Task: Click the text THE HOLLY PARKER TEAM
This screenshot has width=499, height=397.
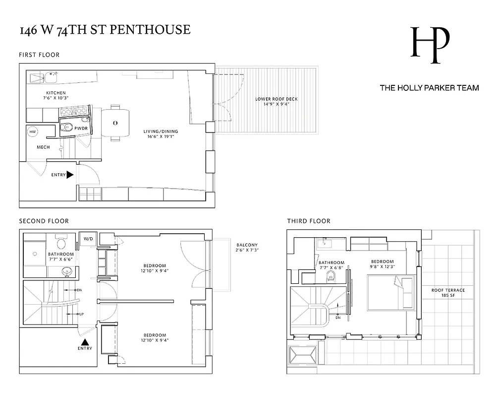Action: pyautogui.click(x=429, y=88)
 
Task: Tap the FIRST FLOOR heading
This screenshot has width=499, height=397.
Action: pyautogui.click(x=39, y=55)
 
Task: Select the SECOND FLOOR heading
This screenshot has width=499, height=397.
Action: pyautogui.click(x=44, y=221)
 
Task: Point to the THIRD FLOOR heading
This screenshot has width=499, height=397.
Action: pyautogui.click(x=309, y=221)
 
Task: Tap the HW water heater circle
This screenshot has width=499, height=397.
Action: pyautogui.click(x=33, y=132)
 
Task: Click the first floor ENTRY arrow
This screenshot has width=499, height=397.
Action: pyautogui.click(x=70, y=175)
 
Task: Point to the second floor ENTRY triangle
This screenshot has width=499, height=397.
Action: pyautogui.click(x=85, y=341)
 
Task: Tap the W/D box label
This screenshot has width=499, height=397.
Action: pyautogui.click(x=88, y=239)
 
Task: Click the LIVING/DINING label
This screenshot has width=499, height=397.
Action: pyautogui.click(x=159, y=133)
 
